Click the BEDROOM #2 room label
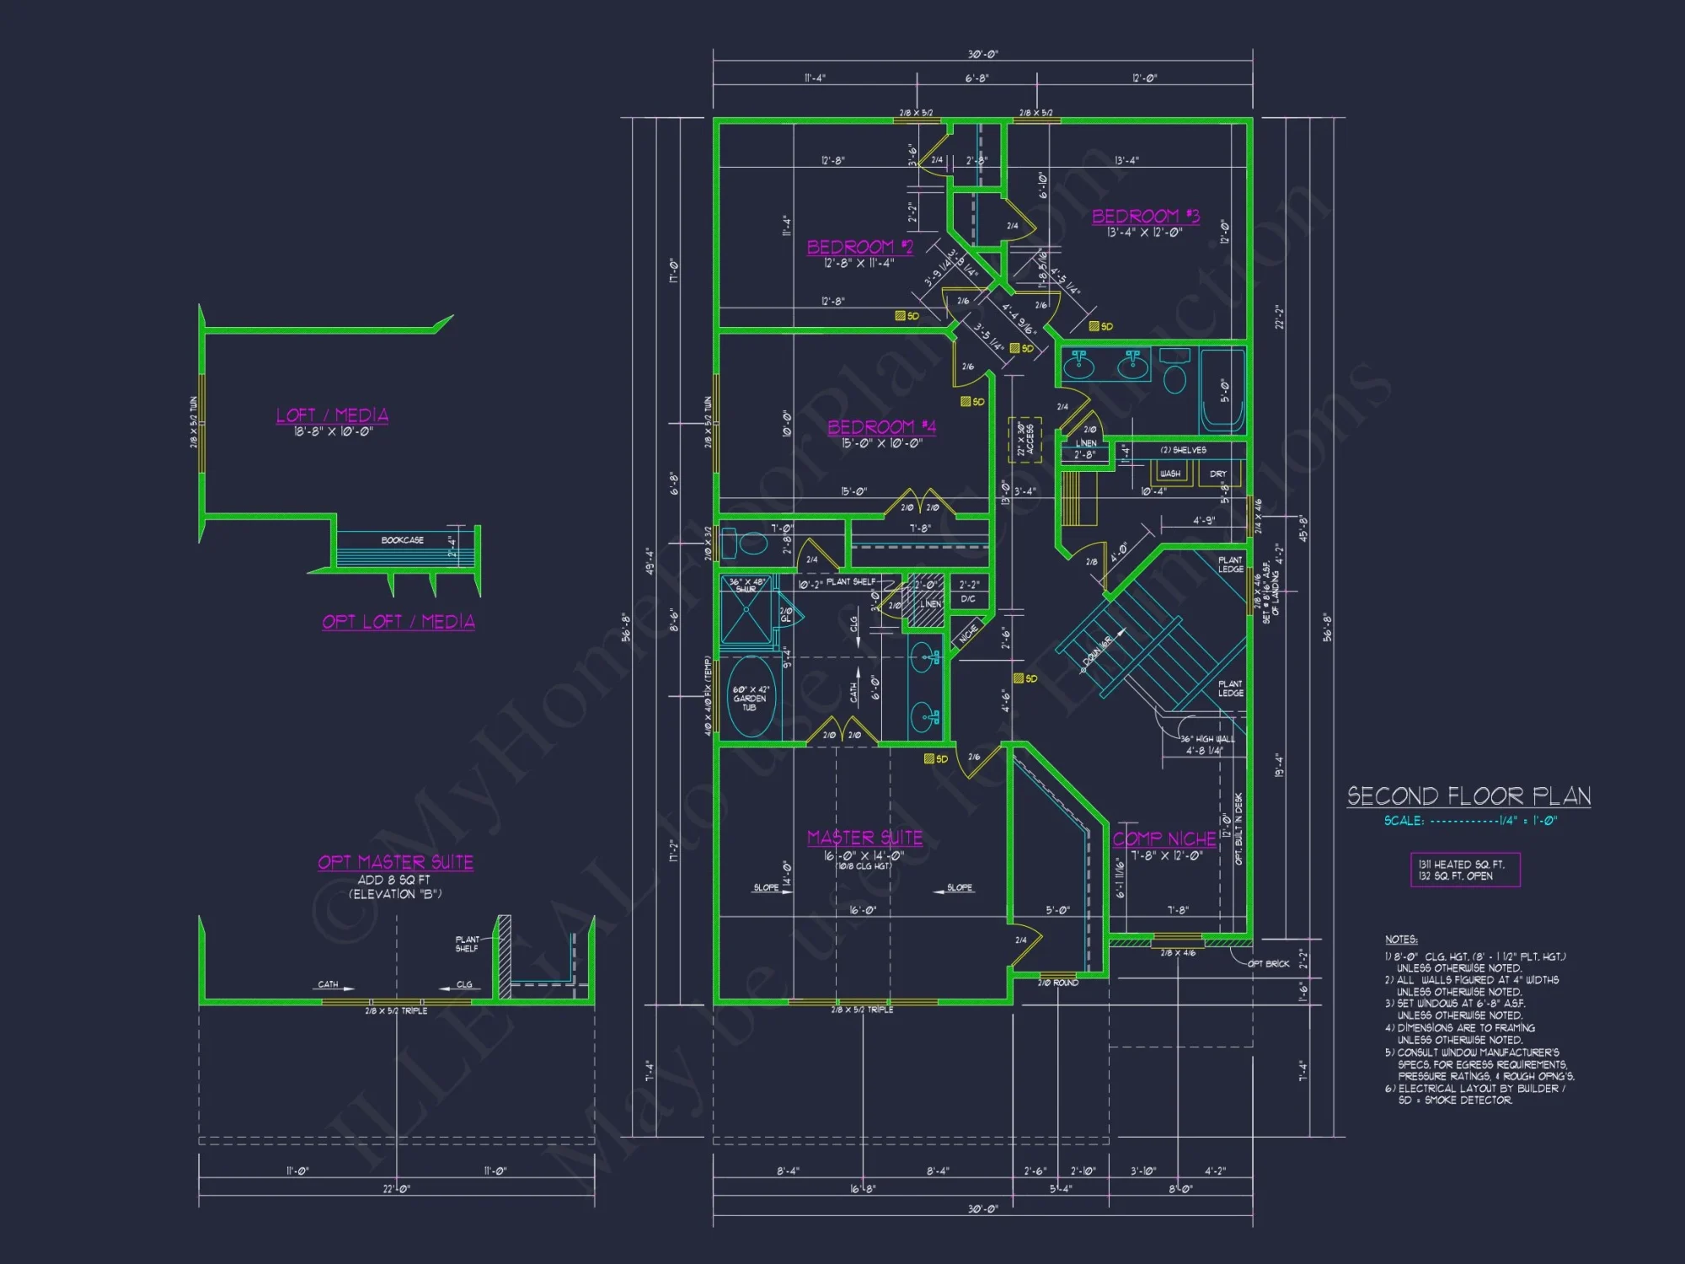[x=859, y=247]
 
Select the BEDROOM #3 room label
[x=1145, y=217]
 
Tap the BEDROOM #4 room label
[x=881, y=427]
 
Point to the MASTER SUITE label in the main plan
[x=864, y=838]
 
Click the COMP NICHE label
[x=1164, y=839]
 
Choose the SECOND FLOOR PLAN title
[x=1468, y=796]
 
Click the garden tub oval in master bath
[x=750, y=698]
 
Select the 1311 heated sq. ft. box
[x=1465, y=870]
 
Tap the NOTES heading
[x=1401, y=940]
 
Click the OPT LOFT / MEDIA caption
[x=399, y=622]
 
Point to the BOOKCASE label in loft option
[x=402, y=540]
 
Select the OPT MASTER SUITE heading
[x=395, y=862]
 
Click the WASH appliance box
[x=1170, y=473]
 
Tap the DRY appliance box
[x=1218, y=474]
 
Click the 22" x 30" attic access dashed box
[x=1024, y=440]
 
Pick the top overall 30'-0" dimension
[x=982, y=55]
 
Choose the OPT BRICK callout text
[x=1268, y=963]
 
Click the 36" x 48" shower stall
[x=746, y=610]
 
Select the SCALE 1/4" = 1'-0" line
[x=1470, y=821]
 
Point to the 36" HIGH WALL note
[x=1206, y=739]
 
